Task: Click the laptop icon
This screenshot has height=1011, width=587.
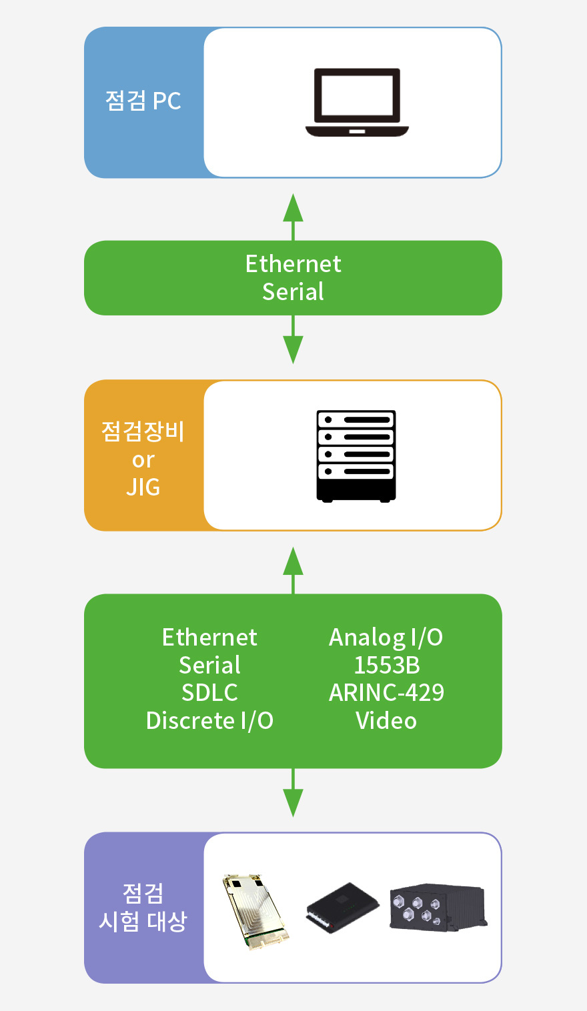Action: click(x=357, y=102)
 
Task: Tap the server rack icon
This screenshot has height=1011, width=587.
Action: click(x=356, y=456)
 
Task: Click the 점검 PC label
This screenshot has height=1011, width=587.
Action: click(x=143, y=101)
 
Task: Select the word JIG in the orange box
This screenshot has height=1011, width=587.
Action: click(x=143, y=487)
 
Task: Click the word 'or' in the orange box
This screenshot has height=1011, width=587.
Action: click(x=143, y=460)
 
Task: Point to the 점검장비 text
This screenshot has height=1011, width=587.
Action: click(x=143, y=431)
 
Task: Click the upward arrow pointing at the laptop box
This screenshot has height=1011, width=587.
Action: click(x=293, y=217)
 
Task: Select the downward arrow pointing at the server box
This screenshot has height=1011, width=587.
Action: click(x=293, y=339)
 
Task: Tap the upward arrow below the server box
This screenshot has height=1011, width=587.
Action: click(x=293, y=570)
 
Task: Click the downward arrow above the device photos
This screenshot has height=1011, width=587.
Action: click(x=293, y=792)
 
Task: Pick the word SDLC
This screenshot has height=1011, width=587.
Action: click(x=209, y=693)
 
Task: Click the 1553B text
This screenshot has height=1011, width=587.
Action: click(x=386, y=666)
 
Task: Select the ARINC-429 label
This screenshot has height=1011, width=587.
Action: click(x=386, y=693)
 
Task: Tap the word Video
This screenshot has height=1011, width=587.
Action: click(x=386, y=721)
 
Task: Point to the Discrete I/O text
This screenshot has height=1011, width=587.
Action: click(x=209, y=721)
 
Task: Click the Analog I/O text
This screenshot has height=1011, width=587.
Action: click(x=386, y=638)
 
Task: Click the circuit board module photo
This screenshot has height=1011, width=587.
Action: click(x=255, y=912)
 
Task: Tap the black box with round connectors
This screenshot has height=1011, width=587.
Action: click(x=438, y=907)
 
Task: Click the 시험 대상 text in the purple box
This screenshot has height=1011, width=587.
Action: click(x=143, y=922)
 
